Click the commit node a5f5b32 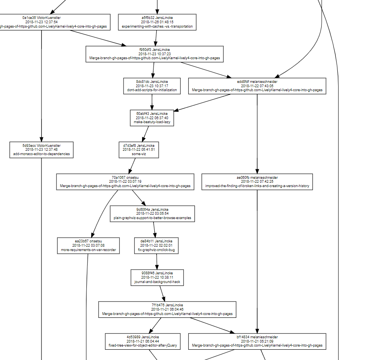click(x=157, y=22)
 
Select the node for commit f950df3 click(x=155, y=54)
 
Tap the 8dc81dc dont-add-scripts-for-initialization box click(x=152, y=86)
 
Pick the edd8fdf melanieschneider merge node click(x=257, y=86)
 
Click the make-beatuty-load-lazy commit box click(x=152, y=118)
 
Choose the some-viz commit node click(x=139, y=150)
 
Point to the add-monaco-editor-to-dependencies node click(x=41, y=150)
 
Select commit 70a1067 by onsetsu click(x=125, y=182)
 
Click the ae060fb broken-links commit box click(x=257, y=182)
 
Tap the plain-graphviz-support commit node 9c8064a click(x=152, y=214)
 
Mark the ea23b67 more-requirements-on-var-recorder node click(x=88, y=246)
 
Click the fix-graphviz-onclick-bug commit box click(x=157, y=246)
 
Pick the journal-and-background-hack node click(x=157, y=277)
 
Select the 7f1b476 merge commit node click(x=167, y=309)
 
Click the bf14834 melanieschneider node click(x=257, y=341)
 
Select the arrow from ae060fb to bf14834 click(x=257, y=261)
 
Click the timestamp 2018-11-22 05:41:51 click(x=139, y=150)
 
